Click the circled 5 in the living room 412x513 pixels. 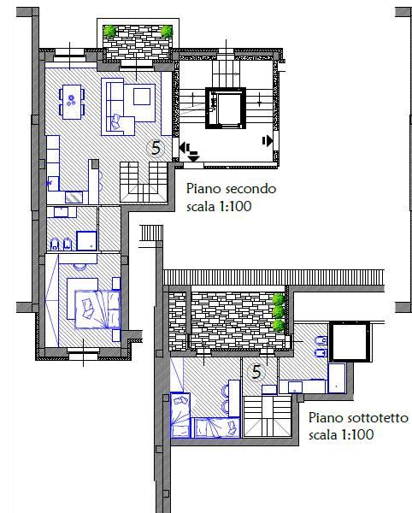coord(156,147)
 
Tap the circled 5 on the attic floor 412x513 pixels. coord(256,371)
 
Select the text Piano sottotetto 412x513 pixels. coord(357,418)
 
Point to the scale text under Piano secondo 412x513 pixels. coord(218,206)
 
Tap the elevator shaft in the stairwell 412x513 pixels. coord(228,109)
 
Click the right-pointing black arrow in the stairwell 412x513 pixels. coord(268,140)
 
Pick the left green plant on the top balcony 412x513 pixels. coord(110,32)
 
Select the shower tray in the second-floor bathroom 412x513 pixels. coord(86,239)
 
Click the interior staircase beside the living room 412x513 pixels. coord(143,180)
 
